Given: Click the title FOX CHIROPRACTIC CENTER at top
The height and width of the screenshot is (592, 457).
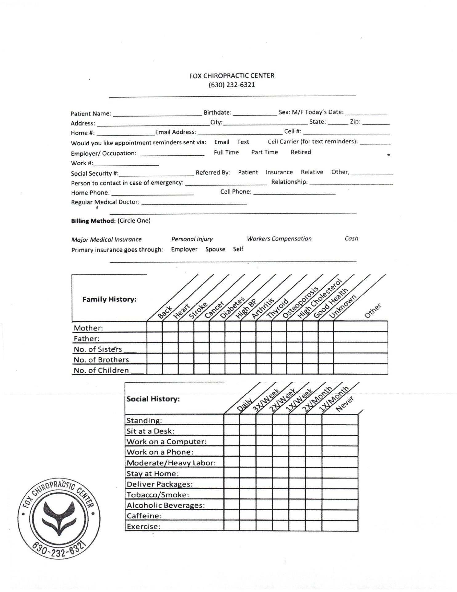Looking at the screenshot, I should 232,76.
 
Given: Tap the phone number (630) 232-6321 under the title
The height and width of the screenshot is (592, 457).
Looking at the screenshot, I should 232,85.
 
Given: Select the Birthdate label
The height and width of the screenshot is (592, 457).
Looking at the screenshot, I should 217,113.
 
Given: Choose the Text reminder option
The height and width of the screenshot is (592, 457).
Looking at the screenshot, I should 243,142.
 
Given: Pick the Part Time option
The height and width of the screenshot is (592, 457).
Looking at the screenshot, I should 265,152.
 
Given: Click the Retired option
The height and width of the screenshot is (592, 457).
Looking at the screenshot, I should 301,152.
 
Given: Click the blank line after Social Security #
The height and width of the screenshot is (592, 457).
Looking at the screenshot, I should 156,173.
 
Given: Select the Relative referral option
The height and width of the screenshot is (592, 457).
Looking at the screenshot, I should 312,172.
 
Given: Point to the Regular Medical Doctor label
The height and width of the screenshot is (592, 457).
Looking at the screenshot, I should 105,202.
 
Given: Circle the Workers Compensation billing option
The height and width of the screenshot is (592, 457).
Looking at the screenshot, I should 279,239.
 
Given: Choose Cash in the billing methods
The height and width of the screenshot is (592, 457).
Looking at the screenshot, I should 351,238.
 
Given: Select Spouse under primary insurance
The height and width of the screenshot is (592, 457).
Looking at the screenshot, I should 215,249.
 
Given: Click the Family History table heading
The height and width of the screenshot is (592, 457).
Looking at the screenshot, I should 109,299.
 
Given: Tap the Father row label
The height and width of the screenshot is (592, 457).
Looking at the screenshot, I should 87,339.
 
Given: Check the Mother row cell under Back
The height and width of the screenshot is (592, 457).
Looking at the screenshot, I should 155,327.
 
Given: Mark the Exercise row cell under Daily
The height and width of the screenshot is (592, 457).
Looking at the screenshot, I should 232,526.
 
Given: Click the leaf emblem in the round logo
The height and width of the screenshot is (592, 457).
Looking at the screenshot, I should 59,518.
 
